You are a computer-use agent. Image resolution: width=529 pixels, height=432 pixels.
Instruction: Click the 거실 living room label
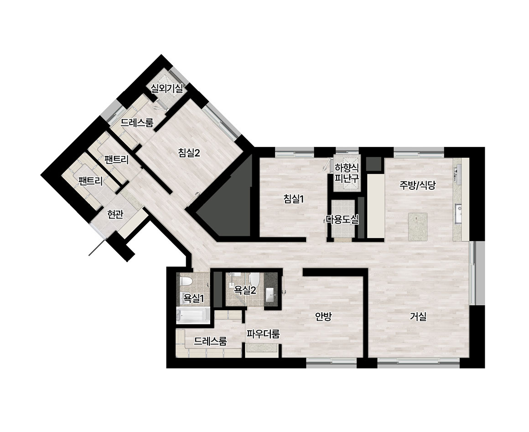point(418,317)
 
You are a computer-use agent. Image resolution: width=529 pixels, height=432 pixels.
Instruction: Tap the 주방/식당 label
point(418,185)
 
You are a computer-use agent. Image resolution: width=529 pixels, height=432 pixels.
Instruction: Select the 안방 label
point(323,317)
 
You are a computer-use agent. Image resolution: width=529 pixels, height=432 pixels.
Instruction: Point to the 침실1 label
point(294,199)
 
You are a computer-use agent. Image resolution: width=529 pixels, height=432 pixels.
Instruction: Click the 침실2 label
point(189,153)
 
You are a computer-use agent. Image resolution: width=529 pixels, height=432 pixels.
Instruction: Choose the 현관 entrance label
point(115,214)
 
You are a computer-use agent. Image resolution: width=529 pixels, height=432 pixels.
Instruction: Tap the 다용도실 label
point(342,220)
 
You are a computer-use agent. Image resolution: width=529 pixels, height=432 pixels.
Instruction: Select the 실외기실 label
point(166,89)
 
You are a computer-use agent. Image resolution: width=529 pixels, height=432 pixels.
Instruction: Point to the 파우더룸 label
point(263,334)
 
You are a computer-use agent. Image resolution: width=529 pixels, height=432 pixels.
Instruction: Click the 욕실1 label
point(194,298)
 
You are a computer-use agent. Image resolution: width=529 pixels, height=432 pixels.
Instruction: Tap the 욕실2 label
point(245,290)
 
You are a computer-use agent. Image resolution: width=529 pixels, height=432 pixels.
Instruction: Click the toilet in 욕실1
point(186,281)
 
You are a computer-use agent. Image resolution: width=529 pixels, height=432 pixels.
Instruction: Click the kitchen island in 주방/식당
point(418,227)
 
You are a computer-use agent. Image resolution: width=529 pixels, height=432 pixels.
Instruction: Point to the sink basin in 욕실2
point(271,295)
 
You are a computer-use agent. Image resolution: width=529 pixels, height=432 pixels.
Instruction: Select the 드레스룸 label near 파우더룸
point(210,341)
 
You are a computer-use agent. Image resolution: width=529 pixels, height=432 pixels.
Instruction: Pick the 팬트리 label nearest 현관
point(90,181)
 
